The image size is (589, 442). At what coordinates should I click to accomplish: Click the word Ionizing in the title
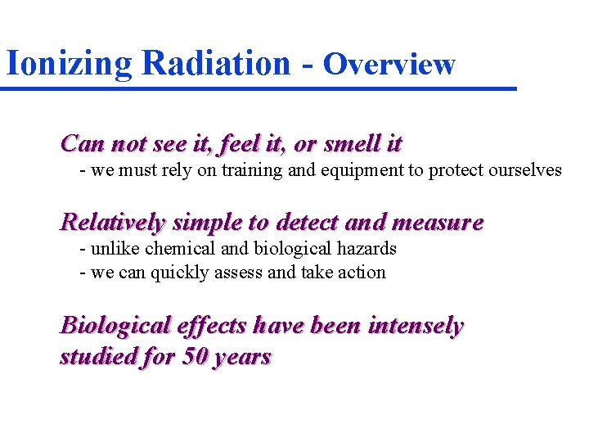(x=69, y=63)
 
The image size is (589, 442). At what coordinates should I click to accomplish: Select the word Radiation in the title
(x=215, y=62)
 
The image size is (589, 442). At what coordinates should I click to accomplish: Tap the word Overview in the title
(x=389, y=64)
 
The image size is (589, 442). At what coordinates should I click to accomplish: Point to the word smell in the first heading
(x=353, y=144)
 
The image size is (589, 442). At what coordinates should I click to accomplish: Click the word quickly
(x=179, y=273)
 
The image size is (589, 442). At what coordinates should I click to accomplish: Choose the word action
(x=360, y=273)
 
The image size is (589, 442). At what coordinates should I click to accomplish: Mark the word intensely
(x=416, y=326)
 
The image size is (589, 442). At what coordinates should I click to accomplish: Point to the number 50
(x=192, y=358)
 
